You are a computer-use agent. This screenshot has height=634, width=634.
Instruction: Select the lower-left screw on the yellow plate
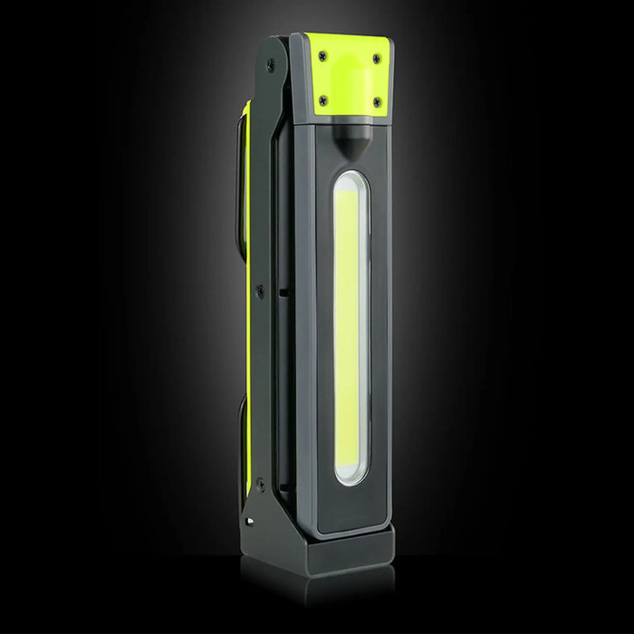point(322,101)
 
